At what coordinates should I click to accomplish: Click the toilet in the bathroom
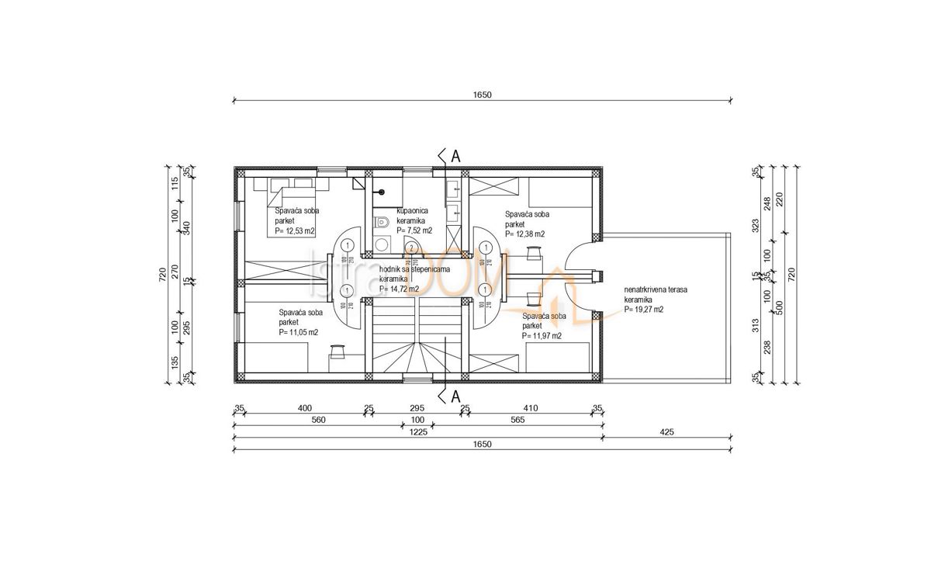coord(380,223)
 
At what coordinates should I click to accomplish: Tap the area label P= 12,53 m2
coord(294,231)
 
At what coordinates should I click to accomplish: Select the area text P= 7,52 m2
coord(414,230)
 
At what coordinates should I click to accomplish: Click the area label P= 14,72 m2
coord(400,289)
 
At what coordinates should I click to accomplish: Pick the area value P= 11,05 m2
coord(299,332)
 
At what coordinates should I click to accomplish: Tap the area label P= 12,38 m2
coord(524,234)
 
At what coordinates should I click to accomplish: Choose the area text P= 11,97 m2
coord(542,336)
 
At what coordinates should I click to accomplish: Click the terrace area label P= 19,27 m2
coord(643,309)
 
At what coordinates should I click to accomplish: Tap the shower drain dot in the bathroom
coord(381,192)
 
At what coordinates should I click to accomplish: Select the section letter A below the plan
coord(455,397)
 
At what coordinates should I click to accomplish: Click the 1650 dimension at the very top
coord(483,95)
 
